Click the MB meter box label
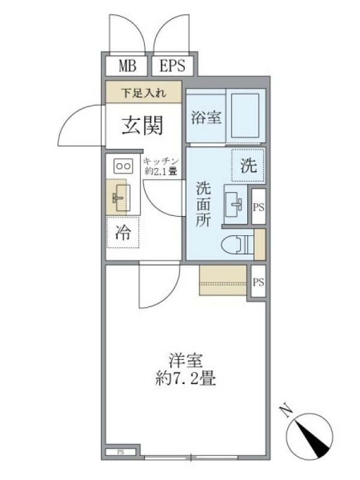[x=128, y=65]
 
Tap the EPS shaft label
[x=173, y=65]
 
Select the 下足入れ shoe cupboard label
[x=143, y=93]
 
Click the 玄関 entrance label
[x=142, y=125]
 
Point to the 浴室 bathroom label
[x=206, y=117]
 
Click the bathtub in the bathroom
[x=245, y=115]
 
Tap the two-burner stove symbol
[x=124, y=166]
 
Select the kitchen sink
[x=122, y=198]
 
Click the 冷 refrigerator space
[x=123, y=232]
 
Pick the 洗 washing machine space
[x=248, y=166]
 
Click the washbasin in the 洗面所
[x=235, y=204]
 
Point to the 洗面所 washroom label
[x=203, y=204]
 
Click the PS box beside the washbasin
[x=259, y=207]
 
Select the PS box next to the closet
[x=259, y=281]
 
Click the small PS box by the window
[x=121, y=452]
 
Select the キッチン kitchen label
[x=161, y=161]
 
